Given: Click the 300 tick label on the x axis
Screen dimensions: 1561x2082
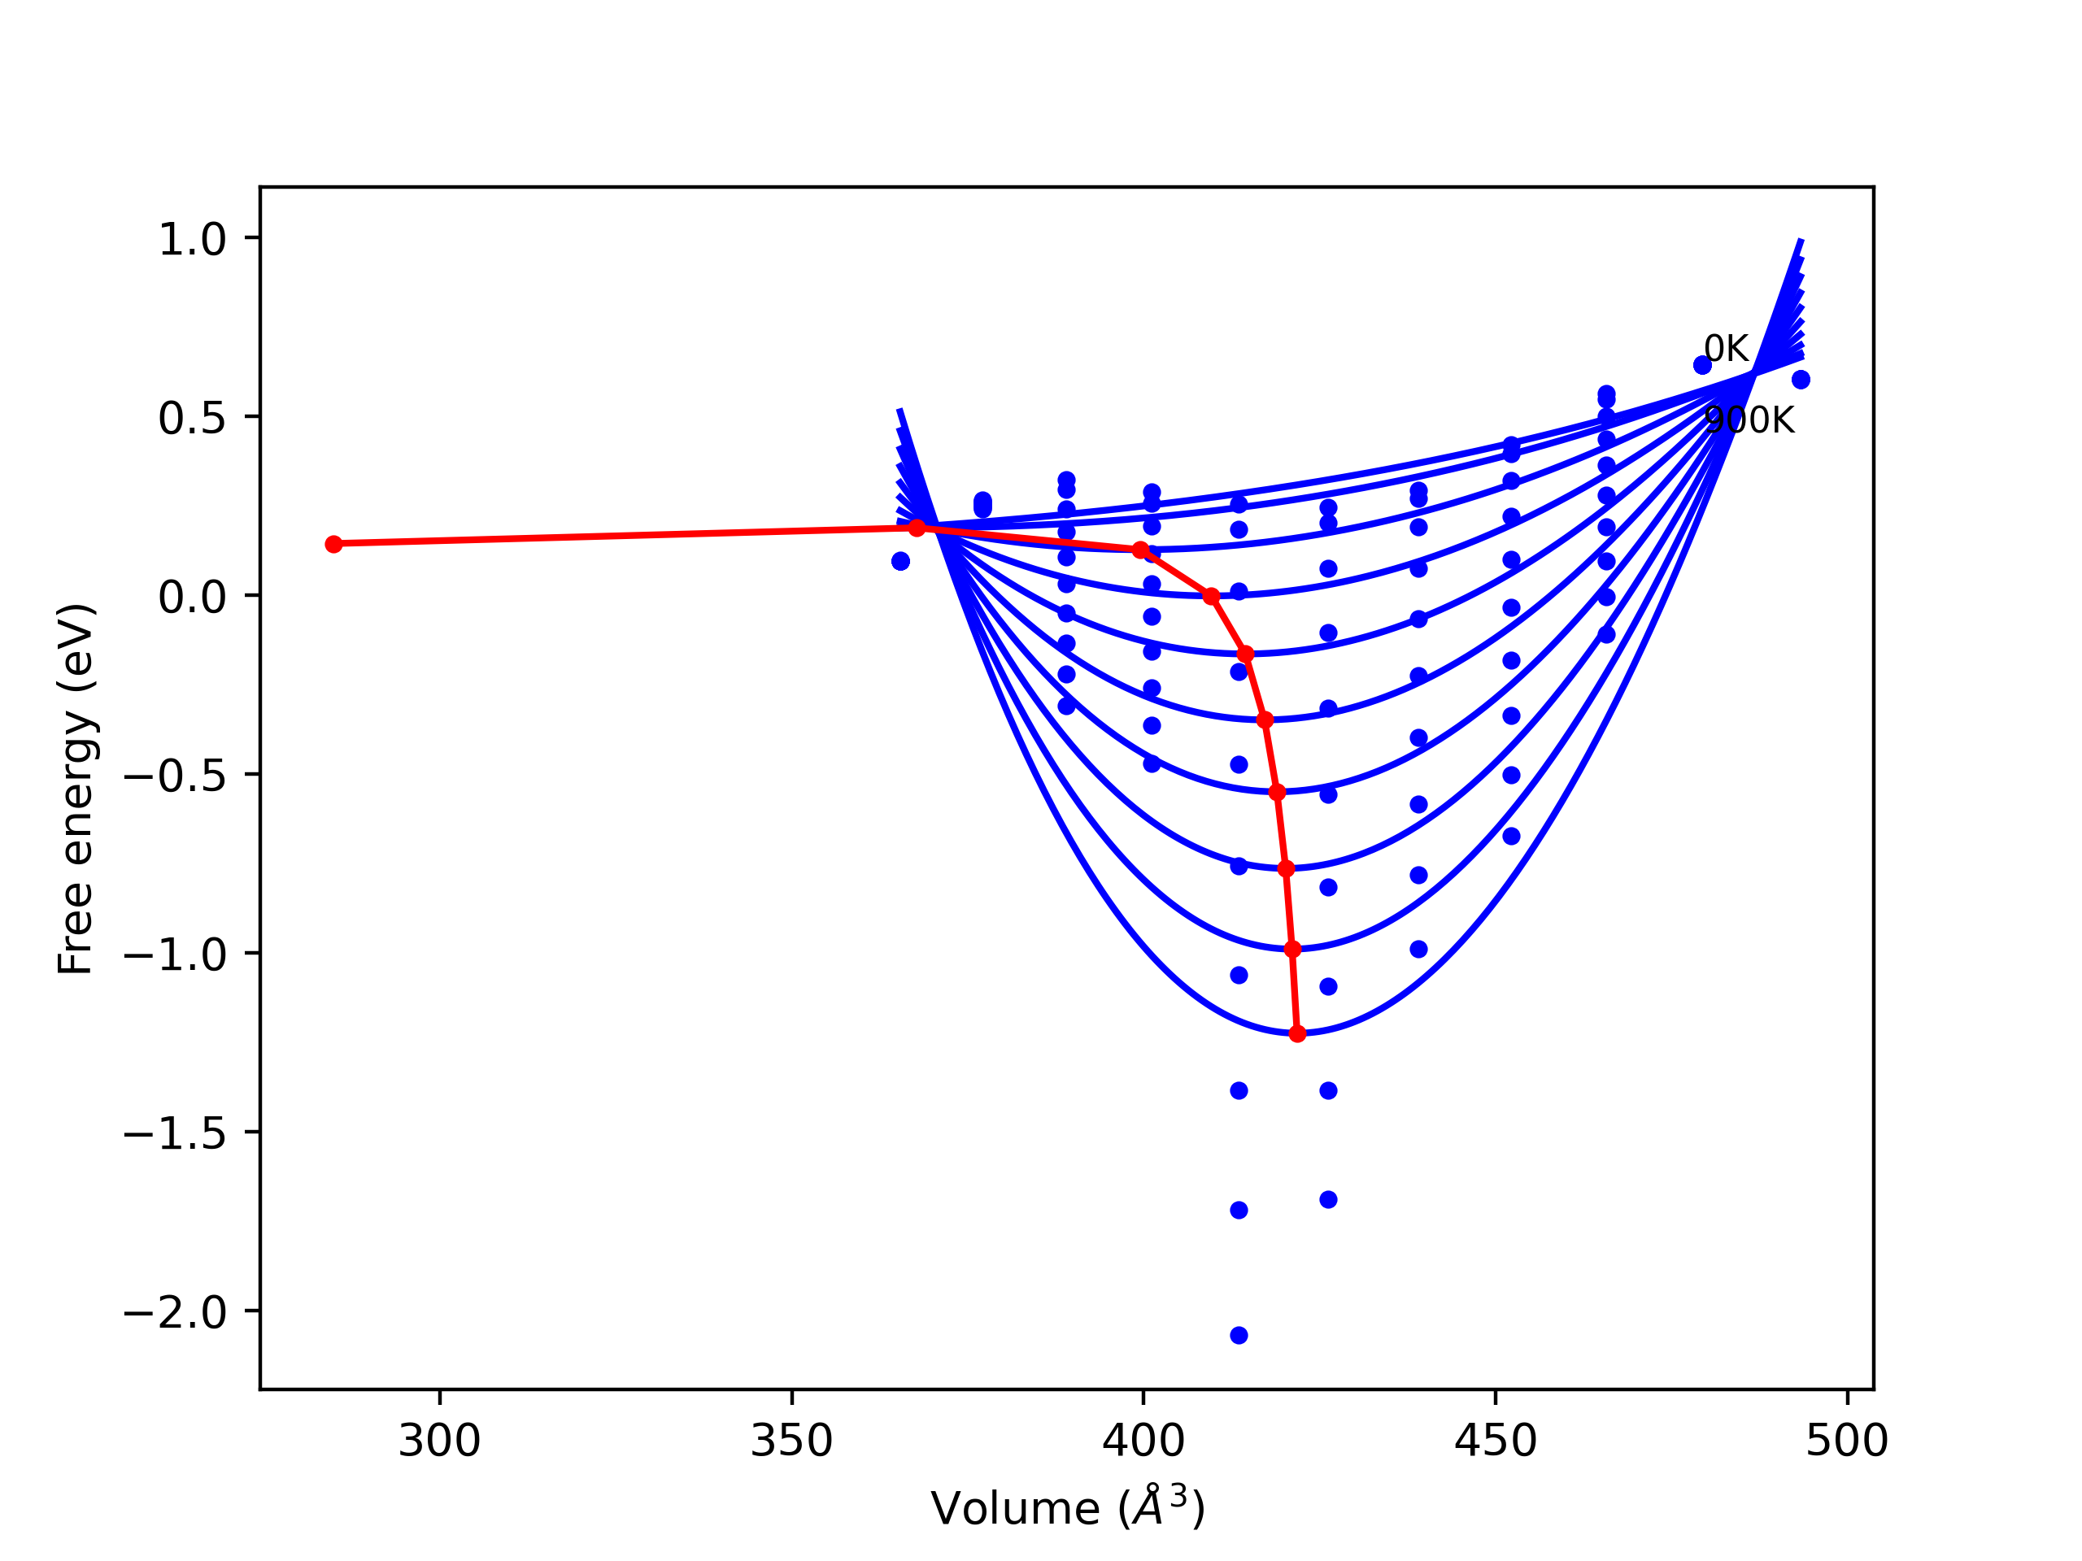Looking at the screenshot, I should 438,1441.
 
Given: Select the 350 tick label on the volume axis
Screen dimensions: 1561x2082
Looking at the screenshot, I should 791,1441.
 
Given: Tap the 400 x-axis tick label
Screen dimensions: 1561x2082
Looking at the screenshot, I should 1143,1441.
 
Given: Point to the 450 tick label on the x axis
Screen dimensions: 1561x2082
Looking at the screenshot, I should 1495,1441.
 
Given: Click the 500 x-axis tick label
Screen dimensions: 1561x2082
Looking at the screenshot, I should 1847,1441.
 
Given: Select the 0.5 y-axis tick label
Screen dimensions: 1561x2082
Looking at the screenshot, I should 192,418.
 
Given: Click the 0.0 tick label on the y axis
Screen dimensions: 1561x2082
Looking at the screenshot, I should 192,597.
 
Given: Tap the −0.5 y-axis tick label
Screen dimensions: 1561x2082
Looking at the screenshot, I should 175,776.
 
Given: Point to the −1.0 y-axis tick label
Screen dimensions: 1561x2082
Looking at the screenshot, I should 175,954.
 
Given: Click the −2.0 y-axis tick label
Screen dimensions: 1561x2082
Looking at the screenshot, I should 175,1311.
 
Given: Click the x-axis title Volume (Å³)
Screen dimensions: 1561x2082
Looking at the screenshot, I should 1067,1508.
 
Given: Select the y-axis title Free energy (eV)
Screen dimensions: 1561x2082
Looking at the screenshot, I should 76,789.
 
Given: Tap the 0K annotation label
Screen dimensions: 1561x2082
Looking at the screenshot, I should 1725,349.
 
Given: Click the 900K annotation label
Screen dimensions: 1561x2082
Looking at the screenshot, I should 1749,420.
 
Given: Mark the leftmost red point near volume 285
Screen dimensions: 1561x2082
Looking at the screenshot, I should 333,544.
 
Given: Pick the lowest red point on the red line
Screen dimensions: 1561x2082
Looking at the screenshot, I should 1297,1034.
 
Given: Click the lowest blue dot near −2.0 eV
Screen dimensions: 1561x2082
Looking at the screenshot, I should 1239,1335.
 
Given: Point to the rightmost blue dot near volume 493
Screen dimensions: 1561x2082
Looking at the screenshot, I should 1801,379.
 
